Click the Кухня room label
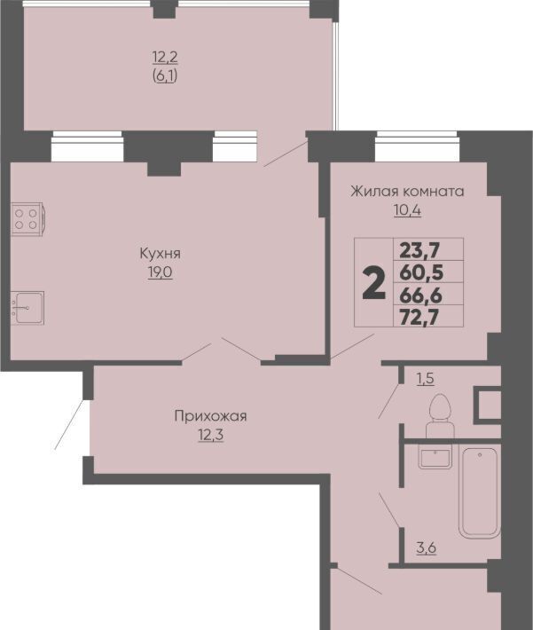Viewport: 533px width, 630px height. tap(160, 254)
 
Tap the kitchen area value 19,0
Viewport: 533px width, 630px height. tap(160, 272)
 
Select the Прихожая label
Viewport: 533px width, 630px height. tap(210, 416)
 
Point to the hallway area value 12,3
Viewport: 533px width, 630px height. tap(210, 434)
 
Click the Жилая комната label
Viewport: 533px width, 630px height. tap(407, 192)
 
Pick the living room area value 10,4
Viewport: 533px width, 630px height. tap(407, 210)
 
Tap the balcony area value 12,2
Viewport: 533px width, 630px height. tap(165, 58)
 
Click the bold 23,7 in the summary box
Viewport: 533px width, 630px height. tap(420, 251)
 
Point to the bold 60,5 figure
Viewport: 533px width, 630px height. tap(421, 273)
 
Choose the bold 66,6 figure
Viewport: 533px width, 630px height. tap(421, 295)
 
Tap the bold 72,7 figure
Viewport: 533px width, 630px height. tap(419, 318)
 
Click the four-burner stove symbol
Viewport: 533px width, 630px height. tap(27, 219)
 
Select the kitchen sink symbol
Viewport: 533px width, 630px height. tap(27, 308)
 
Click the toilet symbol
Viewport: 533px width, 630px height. tap(439, 416)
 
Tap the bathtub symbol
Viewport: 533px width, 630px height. tap(480, 493)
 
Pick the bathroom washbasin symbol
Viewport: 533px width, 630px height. tap(435, 457)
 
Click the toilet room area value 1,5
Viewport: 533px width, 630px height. tap(426, 379)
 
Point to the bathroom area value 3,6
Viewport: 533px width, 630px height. tap(427, 547)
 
